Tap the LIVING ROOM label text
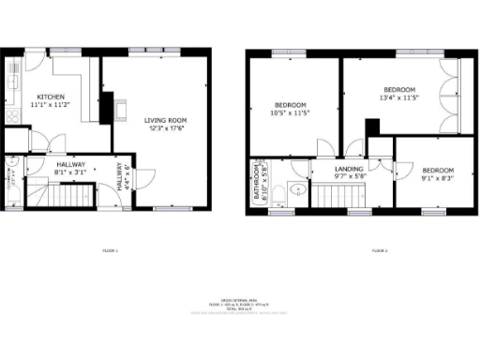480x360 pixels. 167,120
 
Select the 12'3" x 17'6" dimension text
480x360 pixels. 167,129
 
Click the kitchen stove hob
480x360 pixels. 13,115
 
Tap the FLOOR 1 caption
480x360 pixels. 111,250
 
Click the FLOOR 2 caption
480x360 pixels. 380,250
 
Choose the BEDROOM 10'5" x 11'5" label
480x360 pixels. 291,108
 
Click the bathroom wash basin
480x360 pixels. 297,187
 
